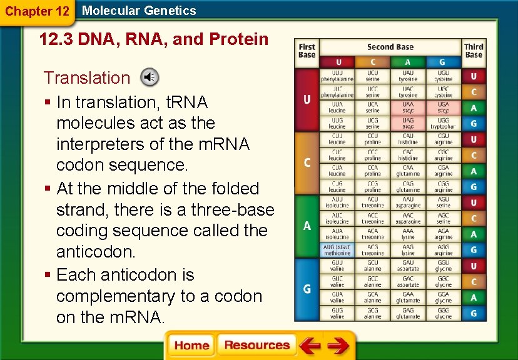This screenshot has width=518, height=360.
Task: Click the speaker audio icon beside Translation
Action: point(149,77)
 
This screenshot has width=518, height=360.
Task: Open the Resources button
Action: point(256,345)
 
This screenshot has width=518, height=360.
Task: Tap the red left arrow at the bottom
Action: point(310,345)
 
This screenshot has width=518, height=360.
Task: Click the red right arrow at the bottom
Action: point(338,345)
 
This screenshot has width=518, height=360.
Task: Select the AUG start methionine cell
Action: point(337,249)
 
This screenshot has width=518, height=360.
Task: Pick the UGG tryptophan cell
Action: point(443,122)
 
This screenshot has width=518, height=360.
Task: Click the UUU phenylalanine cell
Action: point(337,76)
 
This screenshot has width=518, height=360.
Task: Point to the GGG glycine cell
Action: point(443,312)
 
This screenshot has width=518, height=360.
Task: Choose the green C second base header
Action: point(373,62)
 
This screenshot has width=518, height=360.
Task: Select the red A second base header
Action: point(408,62)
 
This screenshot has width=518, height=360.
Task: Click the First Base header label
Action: point(307,51)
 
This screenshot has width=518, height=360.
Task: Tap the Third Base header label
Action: point(474,51)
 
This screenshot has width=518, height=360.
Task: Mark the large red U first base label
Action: point(307,100)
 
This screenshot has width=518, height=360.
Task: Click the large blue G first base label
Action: point(307,289)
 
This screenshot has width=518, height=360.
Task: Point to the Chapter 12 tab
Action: point(37,11)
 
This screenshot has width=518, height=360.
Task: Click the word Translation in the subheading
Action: point(86,77)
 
